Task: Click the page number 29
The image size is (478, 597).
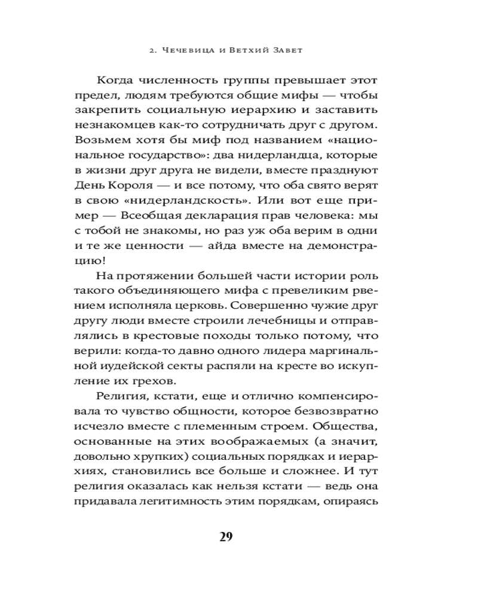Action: click(225, 536)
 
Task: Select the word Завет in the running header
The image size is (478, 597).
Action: click(286, 50)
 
